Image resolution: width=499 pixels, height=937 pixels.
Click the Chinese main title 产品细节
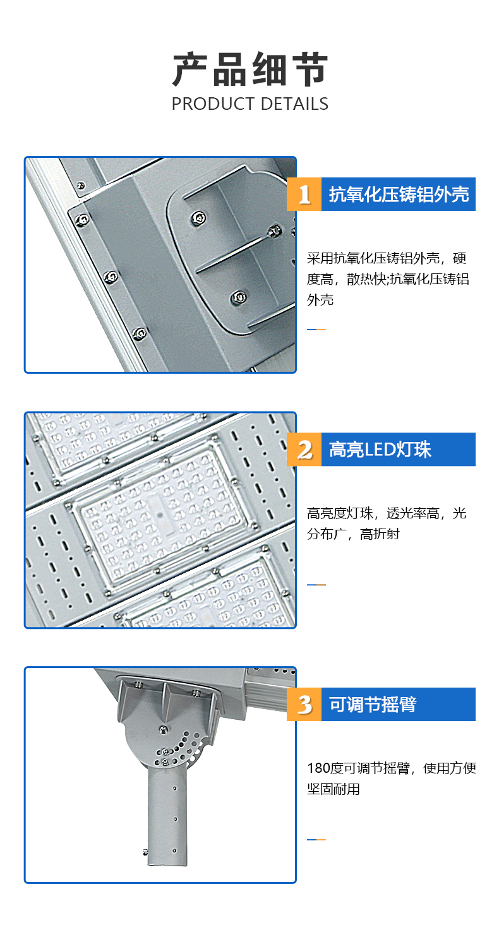pyautogui.click(x=250, y=69)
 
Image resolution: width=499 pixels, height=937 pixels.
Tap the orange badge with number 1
pyautogui.click(x=304, y=194)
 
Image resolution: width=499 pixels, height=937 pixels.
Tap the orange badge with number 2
pyautogui.click(x=304, y=450)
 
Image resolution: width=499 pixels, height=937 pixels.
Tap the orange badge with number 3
pyautogui.click(x=304, y=704)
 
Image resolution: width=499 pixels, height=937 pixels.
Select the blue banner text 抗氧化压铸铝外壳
pyautogui.click(x=399, y=194)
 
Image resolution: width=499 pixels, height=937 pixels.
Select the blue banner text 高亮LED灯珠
pyautogui.click(x=380, y=450)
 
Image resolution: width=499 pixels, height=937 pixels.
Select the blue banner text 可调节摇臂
pyautogui.click(x=373, y=705)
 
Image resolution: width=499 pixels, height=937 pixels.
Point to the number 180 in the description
pyautogui.click(x=318, y=768)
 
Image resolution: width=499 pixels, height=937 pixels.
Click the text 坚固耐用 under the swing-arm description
pyautogui.click(x=334, y=789)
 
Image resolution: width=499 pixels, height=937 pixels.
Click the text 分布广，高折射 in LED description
pyautogui.click(x=353, y=534)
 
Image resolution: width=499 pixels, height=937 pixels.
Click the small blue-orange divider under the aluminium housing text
pyautogui.click(x=316, y=330)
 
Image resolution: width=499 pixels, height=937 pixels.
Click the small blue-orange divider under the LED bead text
pyautogui.click(x=316, y=585)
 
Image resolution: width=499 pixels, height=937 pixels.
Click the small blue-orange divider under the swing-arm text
pyautogui.click(x=316, y=840)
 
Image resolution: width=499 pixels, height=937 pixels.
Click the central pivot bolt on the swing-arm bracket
pyautogui.click(x=164, y=730)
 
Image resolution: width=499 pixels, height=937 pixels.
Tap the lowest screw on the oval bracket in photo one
pyautogui.click(x=239, y=297)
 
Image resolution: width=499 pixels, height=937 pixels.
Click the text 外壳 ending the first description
pyautogui.click(x=320, y=300)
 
